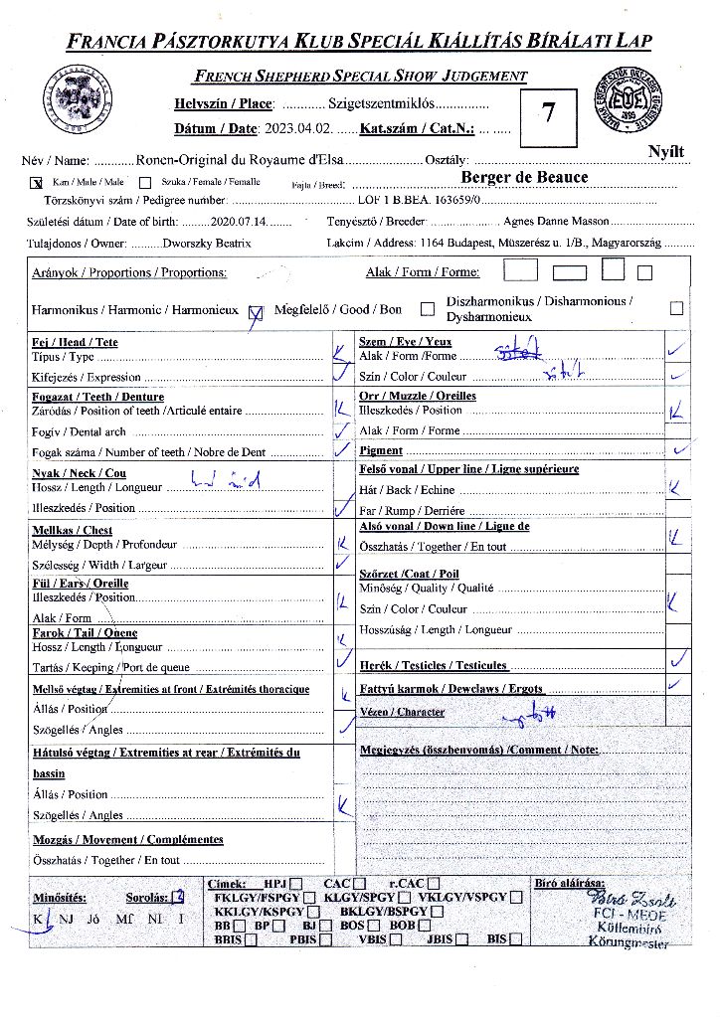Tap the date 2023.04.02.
297,128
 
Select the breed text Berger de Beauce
524,177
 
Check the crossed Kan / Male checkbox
37,183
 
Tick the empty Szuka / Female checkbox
145,183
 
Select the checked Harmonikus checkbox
256,310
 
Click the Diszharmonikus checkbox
676,308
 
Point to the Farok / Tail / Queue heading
85,632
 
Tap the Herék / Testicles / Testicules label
434,665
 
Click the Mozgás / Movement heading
128,839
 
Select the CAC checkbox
359,883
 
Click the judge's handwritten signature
632,901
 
